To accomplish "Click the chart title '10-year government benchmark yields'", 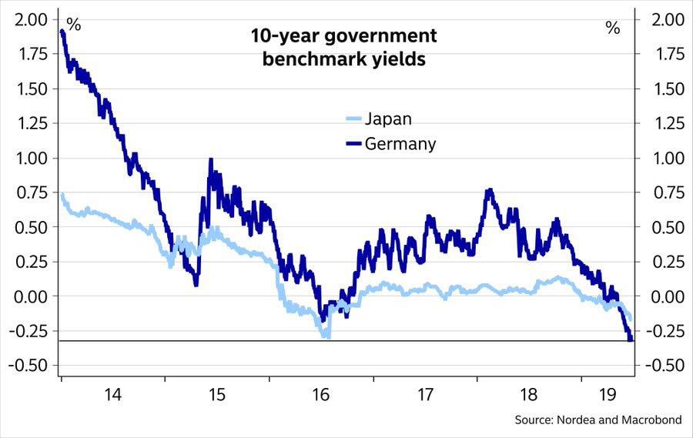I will [343, 48].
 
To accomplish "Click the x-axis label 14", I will [112, 395].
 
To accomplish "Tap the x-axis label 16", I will [321, 395].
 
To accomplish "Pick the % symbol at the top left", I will [74, 25].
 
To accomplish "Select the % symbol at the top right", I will [612, 28].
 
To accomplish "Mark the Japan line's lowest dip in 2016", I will [327, 336].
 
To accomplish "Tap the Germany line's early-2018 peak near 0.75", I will [489, 190].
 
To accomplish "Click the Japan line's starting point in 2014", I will [62, 196].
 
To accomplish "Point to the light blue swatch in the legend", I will [353, 119].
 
